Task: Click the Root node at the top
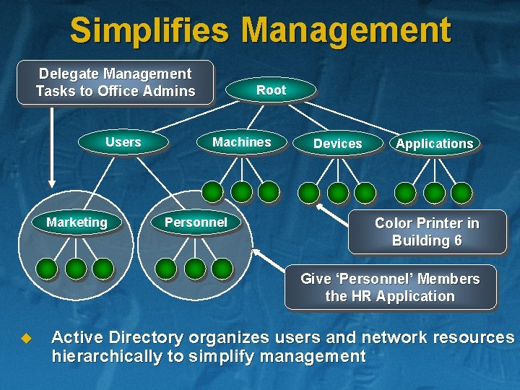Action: pos(271,90)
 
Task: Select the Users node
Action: pos(123,142)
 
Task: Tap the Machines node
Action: pos(241,142)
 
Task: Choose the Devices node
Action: pos(337,144)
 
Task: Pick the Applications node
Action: pos(434,144)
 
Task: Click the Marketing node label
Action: pos(77,222)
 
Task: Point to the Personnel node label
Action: pos(196,222)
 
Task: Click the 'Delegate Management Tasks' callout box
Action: pos(116,82)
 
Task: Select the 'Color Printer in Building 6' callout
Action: pos(426,232)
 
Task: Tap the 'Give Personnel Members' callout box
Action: pos(390,287)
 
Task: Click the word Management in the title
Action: pos(346,30)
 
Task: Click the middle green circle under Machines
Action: pos(240,191)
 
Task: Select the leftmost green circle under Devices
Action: pos(309,192)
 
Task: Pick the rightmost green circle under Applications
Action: pos(461,193)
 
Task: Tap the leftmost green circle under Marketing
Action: pos(48,269)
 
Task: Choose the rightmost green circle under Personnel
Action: pos(222,269)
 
